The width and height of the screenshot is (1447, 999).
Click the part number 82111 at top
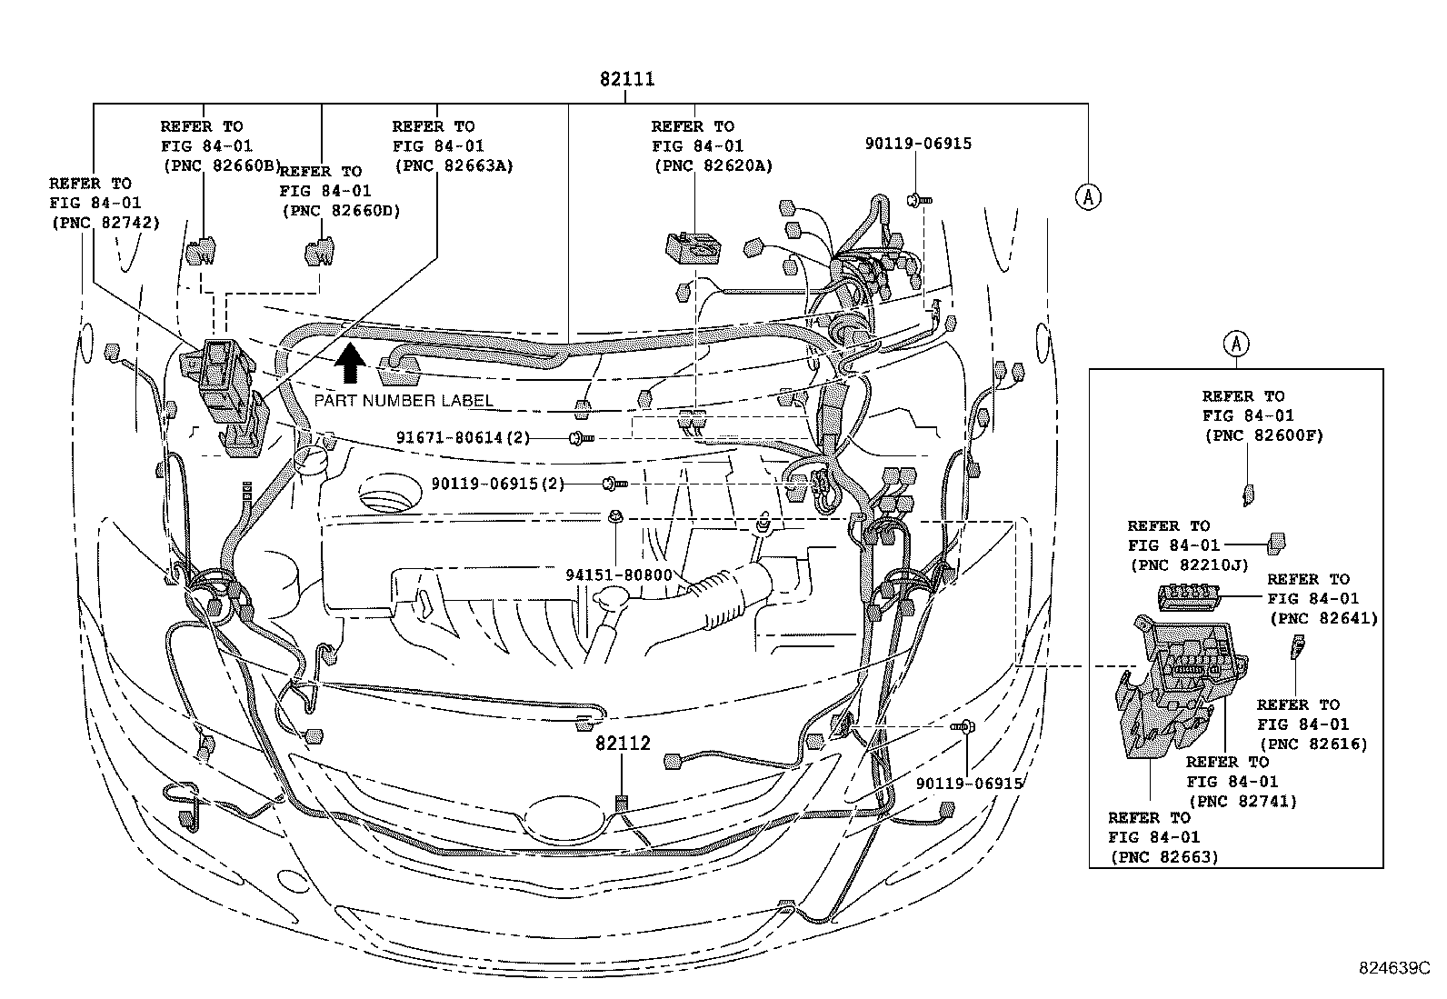pos(626,80)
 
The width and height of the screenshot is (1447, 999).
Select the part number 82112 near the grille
pos(623,744)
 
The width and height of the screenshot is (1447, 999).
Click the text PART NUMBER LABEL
pos(404,401)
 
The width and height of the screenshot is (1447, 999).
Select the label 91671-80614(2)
pos(463,437)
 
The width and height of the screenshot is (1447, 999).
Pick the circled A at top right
pos(1088,196)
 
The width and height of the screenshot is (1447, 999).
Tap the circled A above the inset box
pos(1236,344)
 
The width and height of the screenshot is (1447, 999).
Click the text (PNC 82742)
pos(105,223)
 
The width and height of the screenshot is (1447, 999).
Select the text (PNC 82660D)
pos(341,211)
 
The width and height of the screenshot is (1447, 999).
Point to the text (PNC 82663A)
pos(453,165)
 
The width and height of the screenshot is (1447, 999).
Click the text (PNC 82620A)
pos(713,165)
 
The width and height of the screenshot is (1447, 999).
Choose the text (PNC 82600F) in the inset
pos(1263,435)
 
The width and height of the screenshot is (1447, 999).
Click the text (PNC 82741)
pos(1242,801)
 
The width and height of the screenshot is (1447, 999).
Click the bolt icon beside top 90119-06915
pos(920,197)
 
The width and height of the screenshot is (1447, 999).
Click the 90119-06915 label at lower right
pos(969,784)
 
